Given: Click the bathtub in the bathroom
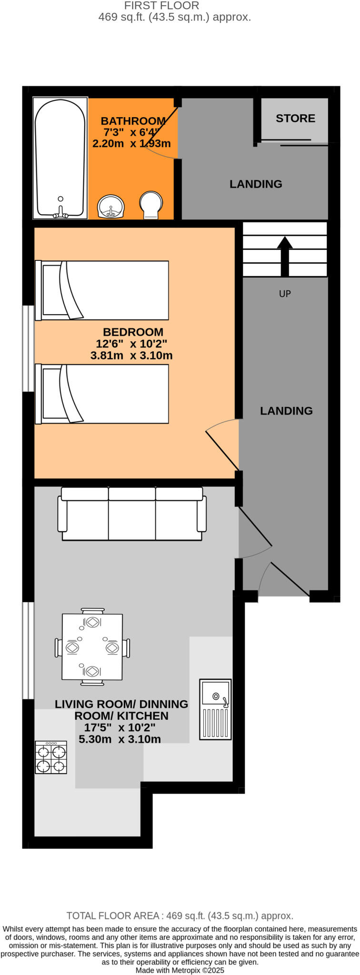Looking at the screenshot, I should click(x=60, y=158).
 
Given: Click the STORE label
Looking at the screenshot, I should click(x=295, y=118).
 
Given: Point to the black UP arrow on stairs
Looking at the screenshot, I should click(x=285, y=256).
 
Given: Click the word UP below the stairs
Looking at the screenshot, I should click(x=285, y=294).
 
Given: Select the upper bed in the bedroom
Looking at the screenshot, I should click(x=102, y=290).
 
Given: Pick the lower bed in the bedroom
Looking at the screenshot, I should click(x=102, y=394).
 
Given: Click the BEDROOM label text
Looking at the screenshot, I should click(x=133, y=332).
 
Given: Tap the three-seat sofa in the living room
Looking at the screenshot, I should click(x=132, y=514).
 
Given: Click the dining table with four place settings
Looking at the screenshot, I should click(x=92, y=647).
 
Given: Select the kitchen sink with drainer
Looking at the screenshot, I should click(x=215, y=709).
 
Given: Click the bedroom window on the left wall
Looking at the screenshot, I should click(x=29, y=348).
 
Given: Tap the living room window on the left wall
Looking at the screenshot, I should click(x=29, y=650).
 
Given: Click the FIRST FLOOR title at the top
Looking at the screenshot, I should click(x=161, y=6).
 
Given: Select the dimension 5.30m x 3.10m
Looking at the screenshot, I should click(x=120, y=739).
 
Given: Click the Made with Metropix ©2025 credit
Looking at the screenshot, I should click(x=180, y=970).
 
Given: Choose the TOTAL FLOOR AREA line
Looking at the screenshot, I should click(x=180, y=915).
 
